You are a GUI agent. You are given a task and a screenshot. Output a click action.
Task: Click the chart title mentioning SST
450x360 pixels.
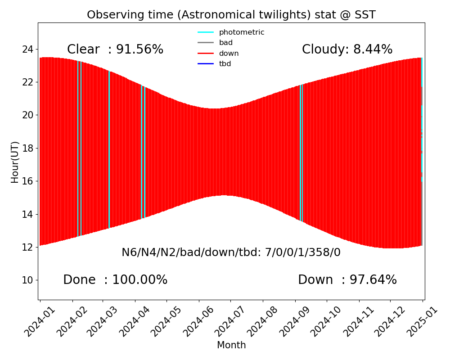click(x=231, y=15)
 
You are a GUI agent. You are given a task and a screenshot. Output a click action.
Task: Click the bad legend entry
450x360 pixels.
click(x=225, y=43)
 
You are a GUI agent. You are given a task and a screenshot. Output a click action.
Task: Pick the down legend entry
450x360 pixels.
click(x=229, y=54)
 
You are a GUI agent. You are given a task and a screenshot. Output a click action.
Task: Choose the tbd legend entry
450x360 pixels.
click(x=225, y=64)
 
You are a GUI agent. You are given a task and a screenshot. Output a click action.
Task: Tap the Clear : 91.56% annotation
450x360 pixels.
click(x=115, y=49)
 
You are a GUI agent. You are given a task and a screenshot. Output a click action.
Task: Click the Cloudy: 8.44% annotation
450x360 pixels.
click(x=347, y=49)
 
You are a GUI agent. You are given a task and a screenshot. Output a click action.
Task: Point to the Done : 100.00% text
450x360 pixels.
click(x=115, y=280)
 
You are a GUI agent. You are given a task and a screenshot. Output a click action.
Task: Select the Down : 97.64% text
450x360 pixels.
click(x=347, y=280)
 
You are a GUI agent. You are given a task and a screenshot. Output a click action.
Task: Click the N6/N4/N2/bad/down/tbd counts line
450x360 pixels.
click(x=231, y=252)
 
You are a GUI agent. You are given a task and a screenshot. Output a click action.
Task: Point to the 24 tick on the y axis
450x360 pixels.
click(x=27, y=49)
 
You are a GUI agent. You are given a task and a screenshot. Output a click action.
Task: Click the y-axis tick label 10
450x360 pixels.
click(x=27, y=280)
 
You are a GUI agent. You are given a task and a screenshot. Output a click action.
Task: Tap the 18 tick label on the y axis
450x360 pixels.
click(x=27, y=148)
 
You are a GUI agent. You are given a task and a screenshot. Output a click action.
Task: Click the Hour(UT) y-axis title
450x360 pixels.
click(x=15, y=162)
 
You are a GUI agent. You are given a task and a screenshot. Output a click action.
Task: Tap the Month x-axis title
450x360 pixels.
click(x=231, y=345)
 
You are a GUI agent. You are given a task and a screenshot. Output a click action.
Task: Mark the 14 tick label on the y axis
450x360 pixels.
click(x=27, y=214)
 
